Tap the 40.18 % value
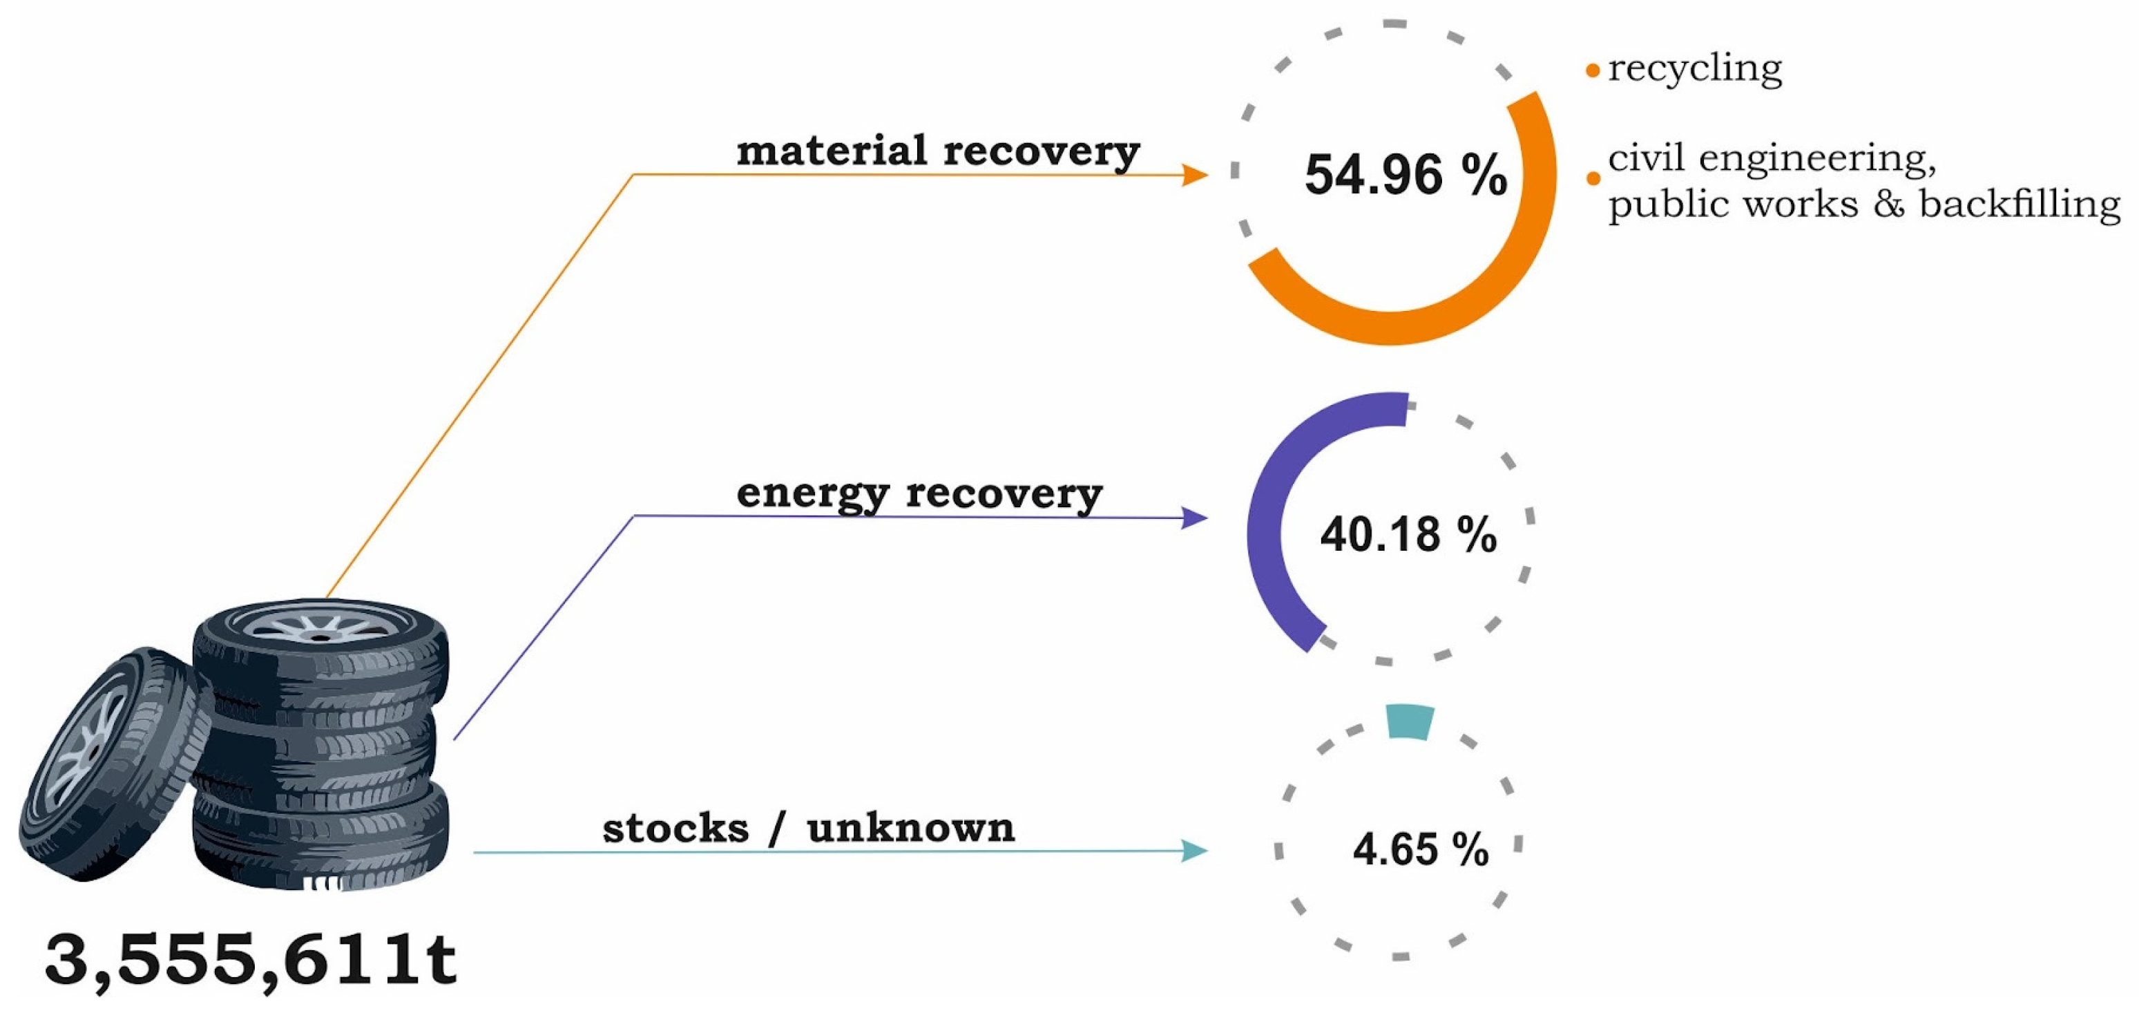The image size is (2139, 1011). [1408, 534]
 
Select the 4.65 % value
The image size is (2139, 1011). [1421, 849]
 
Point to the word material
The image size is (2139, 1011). [831, 151]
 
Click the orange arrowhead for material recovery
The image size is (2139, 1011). [1195, 174]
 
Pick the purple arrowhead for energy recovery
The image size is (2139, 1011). [1195, 518]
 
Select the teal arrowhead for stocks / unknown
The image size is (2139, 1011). [1195, 851]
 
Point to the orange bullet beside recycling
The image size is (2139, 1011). [1593, 70]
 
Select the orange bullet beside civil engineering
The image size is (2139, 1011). [1593, 178]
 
